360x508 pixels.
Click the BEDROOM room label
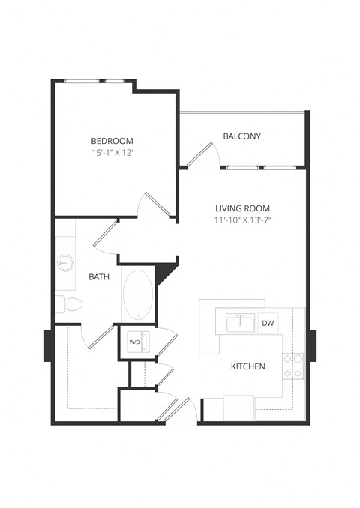[112, 141]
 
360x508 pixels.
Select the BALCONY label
[241, 136]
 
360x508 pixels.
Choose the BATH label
[99, 276]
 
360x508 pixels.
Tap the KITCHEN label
[247, 366]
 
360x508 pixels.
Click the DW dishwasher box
[268, 323]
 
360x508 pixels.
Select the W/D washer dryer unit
[135, 342]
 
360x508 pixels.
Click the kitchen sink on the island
[240, 324]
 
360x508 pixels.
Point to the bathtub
[137, 294]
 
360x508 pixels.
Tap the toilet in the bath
[69, 303]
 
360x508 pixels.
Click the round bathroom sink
[64, 263]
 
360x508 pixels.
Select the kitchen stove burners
[292, 365]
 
